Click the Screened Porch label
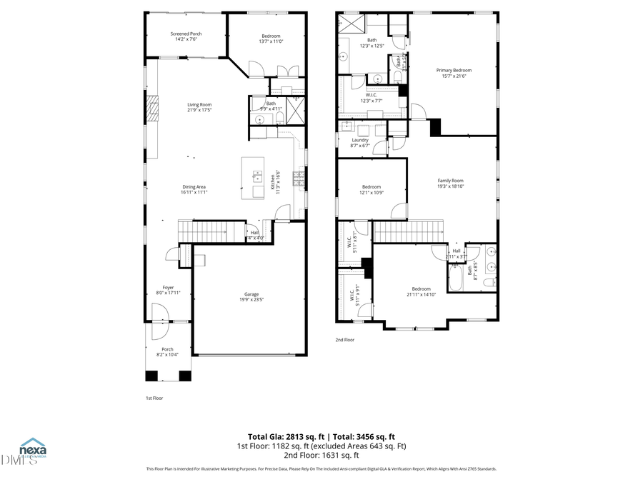click(x=186, y=36)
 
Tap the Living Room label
click(x=199, y=107)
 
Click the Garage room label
click(x=251, y=296)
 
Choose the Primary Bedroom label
click(x=454, y=73)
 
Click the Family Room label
click(x=450, y=183)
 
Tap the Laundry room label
click(x=359, y=142)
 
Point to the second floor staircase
click(x=409, y=231)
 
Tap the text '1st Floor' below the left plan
click(x=154, y=397)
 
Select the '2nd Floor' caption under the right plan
click(x=345, y=340)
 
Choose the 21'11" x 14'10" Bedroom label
click(x=420, y=291)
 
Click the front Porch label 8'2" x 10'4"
click(x=167, y=352)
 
